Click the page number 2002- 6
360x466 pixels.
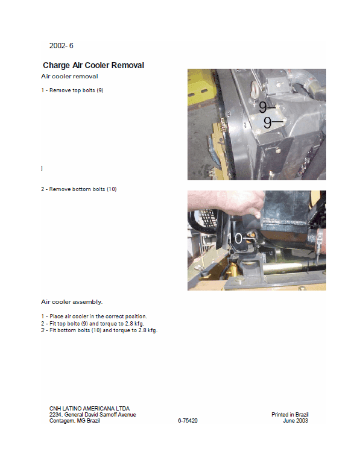[61, 46]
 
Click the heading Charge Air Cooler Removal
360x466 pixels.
[93, 65]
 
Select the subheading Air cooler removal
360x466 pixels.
[69, 77]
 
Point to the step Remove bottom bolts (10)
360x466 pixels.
[78, 189]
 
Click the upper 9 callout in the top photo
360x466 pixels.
[264, 107]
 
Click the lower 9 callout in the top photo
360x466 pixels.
[268, 122]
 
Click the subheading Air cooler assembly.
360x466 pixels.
[71, 301]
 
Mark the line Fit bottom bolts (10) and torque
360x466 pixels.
[99, 330]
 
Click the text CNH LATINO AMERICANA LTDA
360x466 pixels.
[89, 408]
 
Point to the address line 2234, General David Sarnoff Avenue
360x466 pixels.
[92, 415]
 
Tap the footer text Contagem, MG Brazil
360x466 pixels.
[75, 421]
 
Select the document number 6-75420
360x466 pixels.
[188, 421]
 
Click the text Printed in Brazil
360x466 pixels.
[289, 415]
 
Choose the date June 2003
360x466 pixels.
[295, 421]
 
